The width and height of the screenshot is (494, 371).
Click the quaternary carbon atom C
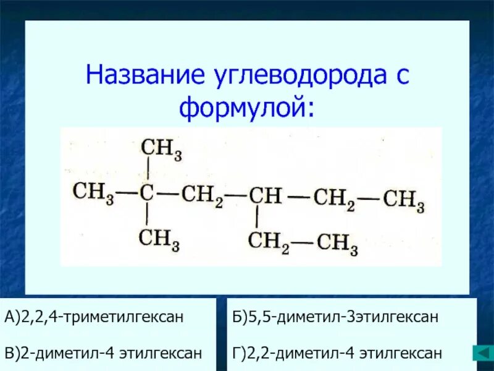(x=146, y=192)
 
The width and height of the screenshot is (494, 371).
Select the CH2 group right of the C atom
(x=202, y=195)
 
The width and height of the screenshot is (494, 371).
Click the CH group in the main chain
(x=265, y=196)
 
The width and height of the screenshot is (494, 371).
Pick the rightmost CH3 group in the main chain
(x=403, y=200)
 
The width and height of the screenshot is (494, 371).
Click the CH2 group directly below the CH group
(x=269, y=240)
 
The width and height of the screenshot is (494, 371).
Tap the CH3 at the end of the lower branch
(x=337, y=242)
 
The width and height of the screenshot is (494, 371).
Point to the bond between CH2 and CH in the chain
(x=235, y=195)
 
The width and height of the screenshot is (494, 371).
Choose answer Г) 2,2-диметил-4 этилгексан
(x=337, y=353)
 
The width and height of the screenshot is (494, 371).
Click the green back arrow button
(x=481, y=353)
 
